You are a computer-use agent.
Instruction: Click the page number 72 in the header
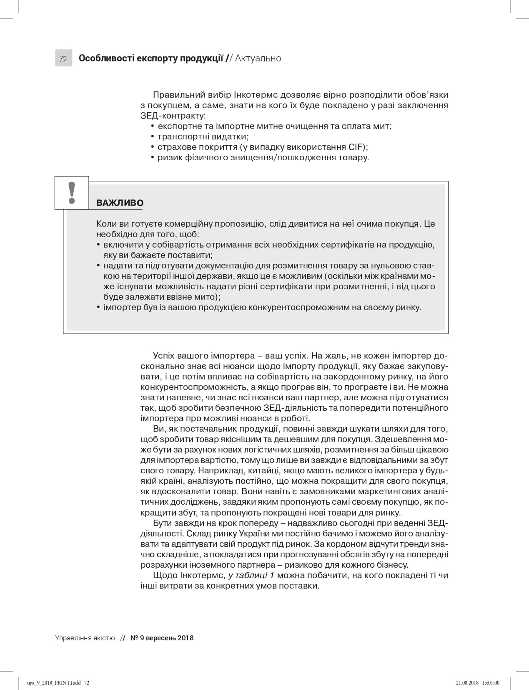coord(63,59)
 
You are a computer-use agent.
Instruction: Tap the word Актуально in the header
coord(258,58)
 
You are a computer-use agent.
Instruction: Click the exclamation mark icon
coord(72,193)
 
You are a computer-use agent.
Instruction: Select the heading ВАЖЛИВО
coord(120,203)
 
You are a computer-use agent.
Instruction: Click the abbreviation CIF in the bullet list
coord(357,147)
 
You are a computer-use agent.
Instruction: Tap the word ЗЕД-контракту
coord(173,116)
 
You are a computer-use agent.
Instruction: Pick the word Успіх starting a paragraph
coord(163,356)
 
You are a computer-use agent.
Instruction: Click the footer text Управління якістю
coord(85,638)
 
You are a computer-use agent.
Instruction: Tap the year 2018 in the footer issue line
coord(186,638)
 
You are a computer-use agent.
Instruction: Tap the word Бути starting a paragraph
coord(162,523)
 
